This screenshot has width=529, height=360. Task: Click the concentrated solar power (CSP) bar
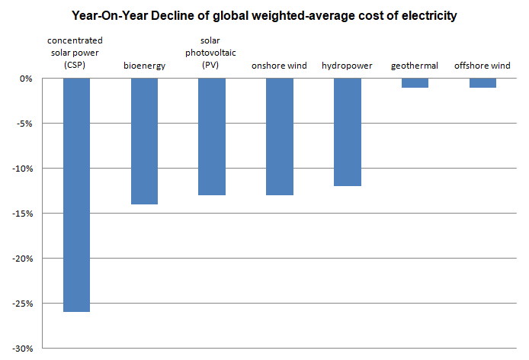point(76,194)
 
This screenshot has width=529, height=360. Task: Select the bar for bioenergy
point(144,141)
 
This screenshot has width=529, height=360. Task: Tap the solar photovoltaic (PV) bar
point(212,137)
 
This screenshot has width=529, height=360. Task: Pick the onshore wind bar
point(280,137)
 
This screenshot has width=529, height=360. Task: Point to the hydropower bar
point(348,132)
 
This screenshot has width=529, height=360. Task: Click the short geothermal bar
point(415,83)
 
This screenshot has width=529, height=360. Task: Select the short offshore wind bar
point(483,83)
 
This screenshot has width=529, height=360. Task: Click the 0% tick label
point(26,79)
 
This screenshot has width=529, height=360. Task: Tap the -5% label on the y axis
point(24,124)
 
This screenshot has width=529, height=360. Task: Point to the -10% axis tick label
point(22,169)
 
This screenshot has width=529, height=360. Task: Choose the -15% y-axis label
point(22,214)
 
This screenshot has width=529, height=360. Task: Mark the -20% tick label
point(22,259)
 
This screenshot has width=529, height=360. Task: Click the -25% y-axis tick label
point(22,304)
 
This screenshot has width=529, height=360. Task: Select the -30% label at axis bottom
point(22,349)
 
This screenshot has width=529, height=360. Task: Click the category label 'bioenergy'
point(144,66)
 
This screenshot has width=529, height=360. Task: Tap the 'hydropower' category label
point(347,66)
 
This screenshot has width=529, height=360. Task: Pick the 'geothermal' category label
point(415,66)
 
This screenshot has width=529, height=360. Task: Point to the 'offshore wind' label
point(482,65)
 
